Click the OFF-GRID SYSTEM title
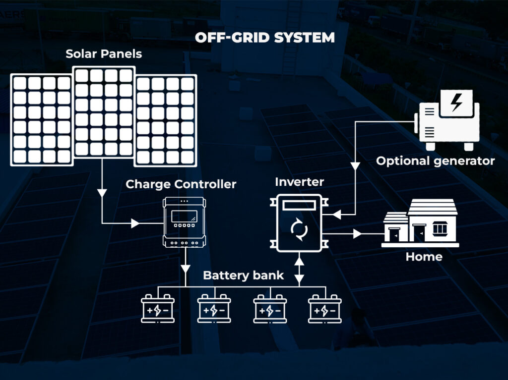tap(265, 38)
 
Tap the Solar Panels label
tap(104, 54)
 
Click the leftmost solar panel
tap(42, 119)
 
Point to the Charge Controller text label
tap(181, 184)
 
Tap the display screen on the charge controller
tap(184, 216)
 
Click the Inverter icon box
tap(299, 223)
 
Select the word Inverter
tap(299, 182)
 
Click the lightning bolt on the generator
tap(455, 104)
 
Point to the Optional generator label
tap(435, 161)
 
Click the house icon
tap(421, 223)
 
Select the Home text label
tap(424, 257)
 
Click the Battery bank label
tap(243, 275)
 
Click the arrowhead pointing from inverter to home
tap(357, 231)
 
